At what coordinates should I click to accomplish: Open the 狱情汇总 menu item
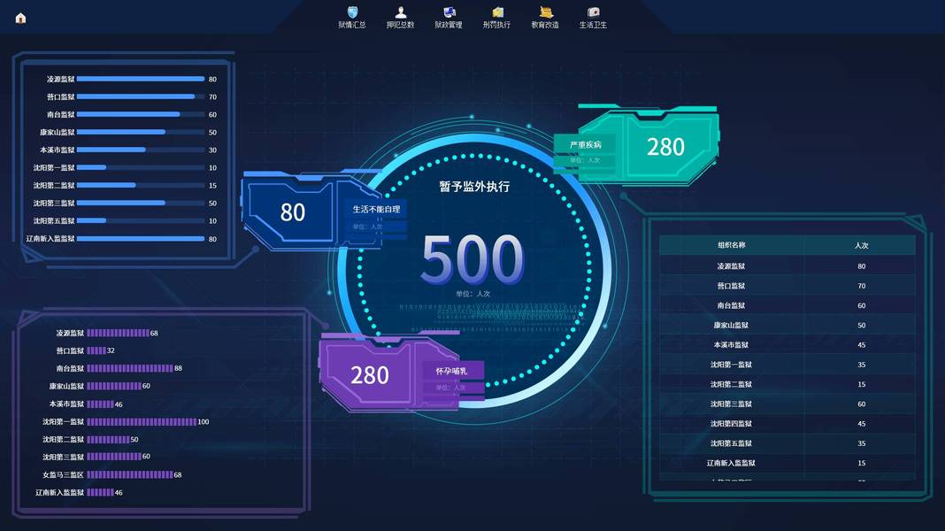352,17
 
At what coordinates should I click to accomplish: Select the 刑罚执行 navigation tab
496,17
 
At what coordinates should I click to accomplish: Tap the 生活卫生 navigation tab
593,17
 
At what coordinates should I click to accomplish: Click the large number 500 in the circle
472,260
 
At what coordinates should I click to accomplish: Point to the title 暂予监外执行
474,187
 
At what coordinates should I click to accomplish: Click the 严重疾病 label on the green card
585,144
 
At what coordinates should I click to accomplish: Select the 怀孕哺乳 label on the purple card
451,371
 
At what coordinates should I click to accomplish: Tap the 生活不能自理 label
377,210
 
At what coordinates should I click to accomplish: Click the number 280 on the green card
665,147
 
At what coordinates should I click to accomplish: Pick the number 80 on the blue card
293,212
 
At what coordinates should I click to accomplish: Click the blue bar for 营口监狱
135,96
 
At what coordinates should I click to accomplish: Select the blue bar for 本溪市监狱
111,150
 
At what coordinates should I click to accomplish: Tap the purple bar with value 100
141,421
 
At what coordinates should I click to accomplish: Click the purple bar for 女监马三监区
129,474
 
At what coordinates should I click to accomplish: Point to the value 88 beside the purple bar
179,368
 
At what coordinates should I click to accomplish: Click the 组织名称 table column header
731,245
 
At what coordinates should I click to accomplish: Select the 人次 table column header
861,245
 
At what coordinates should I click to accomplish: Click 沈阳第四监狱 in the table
731,424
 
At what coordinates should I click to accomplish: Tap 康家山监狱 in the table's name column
731,326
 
